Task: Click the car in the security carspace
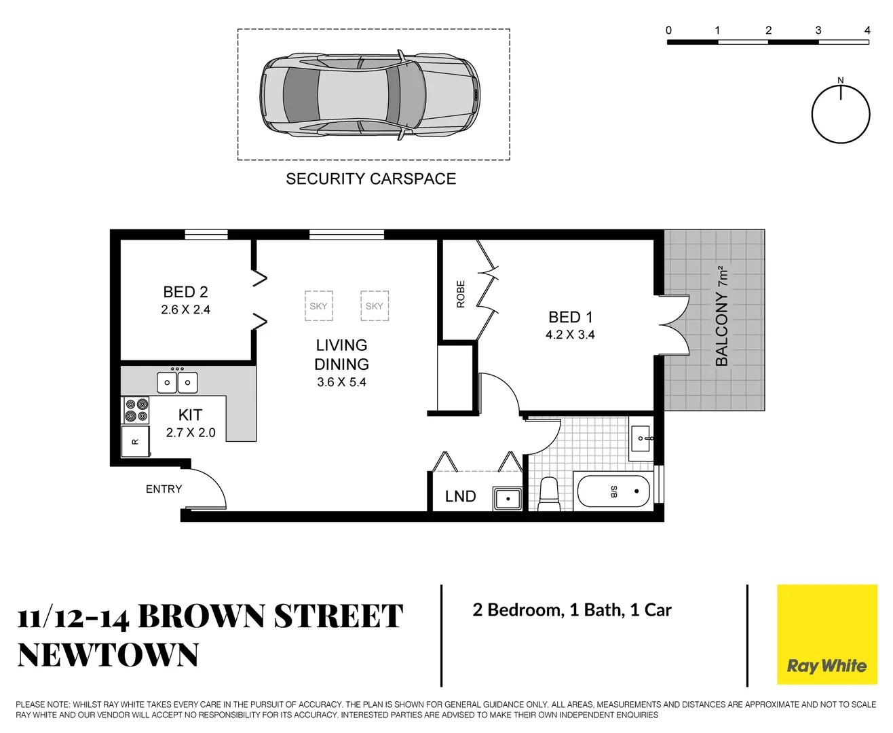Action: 370,94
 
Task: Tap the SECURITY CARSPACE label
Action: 370,178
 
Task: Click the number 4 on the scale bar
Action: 867,30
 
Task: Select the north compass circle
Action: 840,115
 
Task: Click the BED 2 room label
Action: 185,292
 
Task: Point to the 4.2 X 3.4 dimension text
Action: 570,335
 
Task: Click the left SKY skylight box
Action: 318,305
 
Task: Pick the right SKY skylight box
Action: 374,305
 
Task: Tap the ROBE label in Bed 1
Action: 461,294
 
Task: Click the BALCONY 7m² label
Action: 722,316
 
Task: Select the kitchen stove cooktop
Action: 136,410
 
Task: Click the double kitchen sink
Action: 177,382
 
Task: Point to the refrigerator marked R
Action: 135,441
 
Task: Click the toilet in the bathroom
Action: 548,493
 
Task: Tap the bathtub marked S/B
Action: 613,491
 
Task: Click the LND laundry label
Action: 460,496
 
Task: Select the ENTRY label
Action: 164,489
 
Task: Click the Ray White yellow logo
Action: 826,634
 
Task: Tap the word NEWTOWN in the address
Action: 108,655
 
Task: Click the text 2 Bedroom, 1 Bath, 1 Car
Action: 571,610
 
